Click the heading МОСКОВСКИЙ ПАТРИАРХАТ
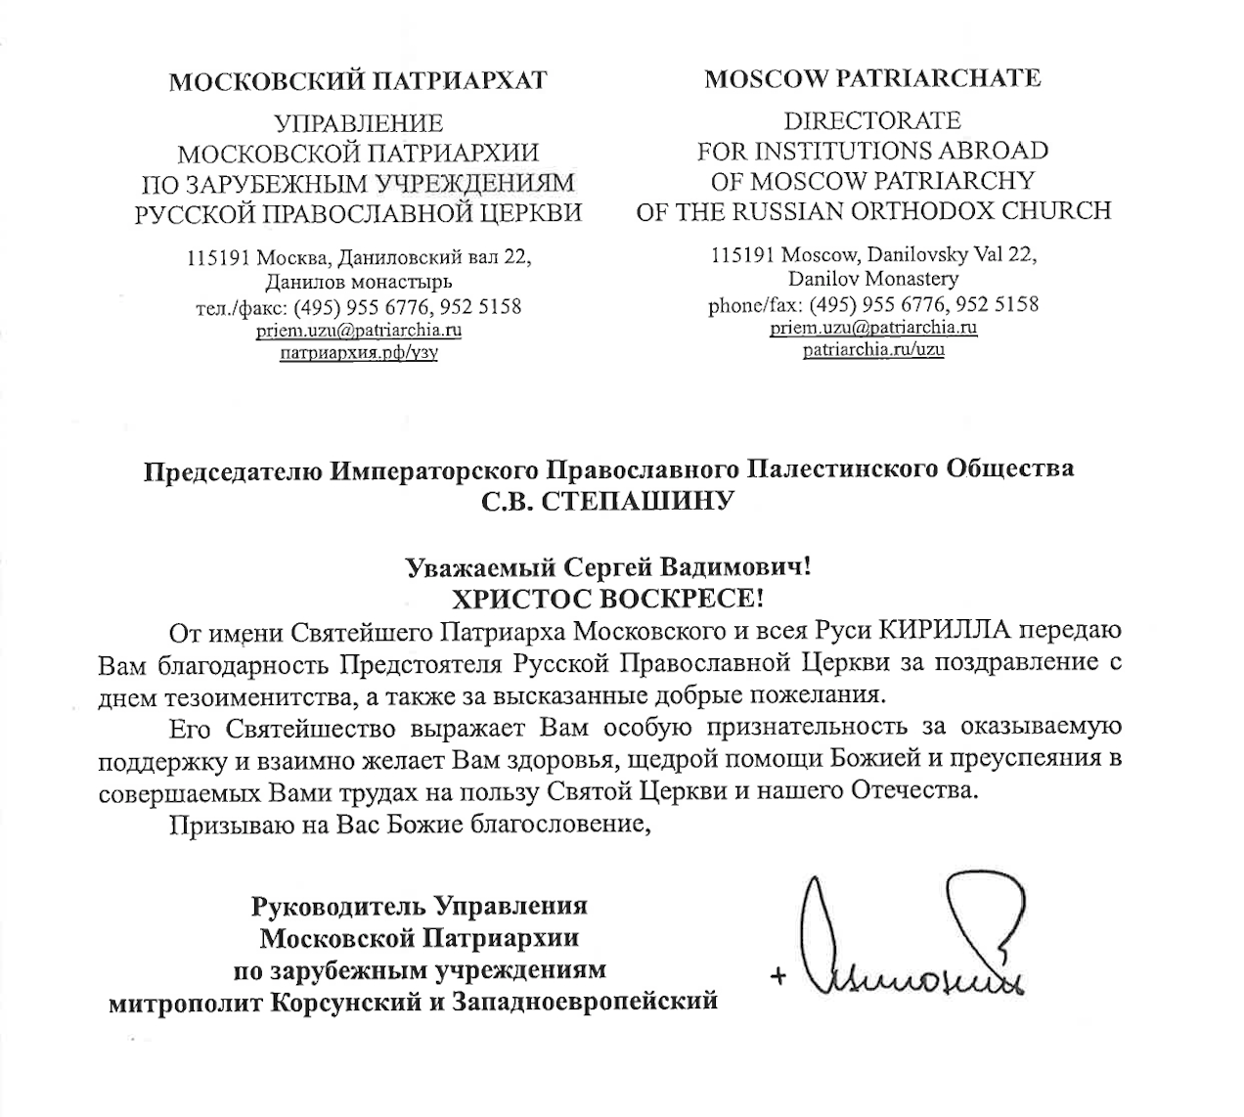pos(357,80)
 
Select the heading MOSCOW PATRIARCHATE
pos(872,78)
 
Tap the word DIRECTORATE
pos(872,121)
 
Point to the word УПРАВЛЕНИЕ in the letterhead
pos(358,124)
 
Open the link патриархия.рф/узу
pos(358,352)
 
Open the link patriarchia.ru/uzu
pos(873,349)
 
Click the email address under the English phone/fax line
pos(873,328)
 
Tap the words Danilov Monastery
pos(873,279)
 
